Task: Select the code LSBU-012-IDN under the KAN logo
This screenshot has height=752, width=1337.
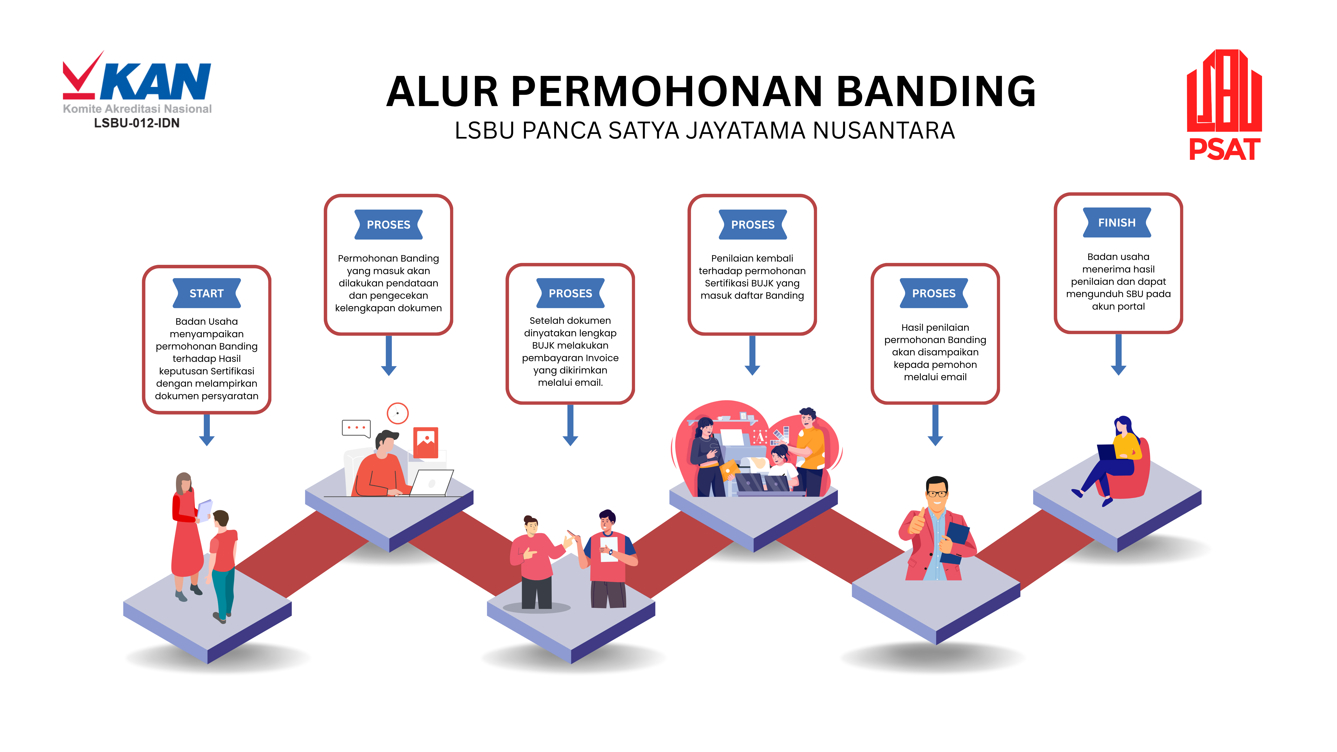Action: click(x=136, y=123)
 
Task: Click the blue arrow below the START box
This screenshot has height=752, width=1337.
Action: click(x=207, y=431)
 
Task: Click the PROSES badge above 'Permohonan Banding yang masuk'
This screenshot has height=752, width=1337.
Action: click(x=388, y=225)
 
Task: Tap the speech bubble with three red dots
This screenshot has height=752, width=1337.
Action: click(x=356, y=428)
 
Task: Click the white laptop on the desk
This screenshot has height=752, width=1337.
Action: click(x=432, y=483)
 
